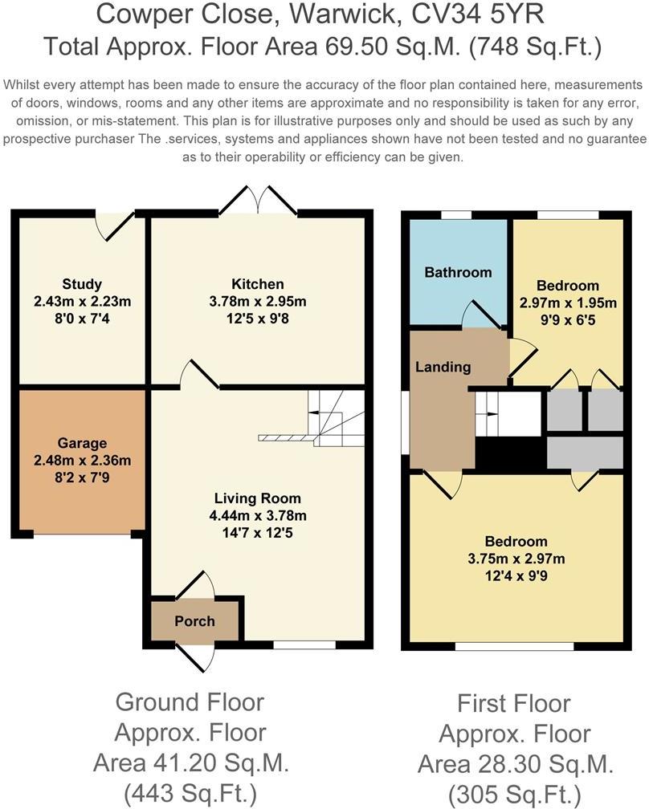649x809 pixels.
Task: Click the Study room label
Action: (82, 284)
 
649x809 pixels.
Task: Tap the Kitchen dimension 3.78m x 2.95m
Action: (258, 301)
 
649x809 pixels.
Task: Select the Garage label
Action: (82, 443)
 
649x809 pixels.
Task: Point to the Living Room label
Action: (258, 498)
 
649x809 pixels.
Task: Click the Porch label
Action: (194, 621)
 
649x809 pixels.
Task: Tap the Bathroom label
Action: (458, 272)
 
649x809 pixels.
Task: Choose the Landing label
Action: (443, 367)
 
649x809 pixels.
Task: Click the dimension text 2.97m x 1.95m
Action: (568, 303)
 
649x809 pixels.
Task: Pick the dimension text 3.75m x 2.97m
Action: (516, 559)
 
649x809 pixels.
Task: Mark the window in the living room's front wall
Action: (304, 645)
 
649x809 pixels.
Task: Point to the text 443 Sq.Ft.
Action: (191, 791)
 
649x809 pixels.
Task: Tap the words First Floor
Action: (514, 703)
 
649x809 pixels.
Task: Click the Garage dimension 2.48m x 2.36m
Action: (82, 460)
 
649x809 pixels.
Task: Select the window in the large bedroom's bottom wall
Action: (515, 646)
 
